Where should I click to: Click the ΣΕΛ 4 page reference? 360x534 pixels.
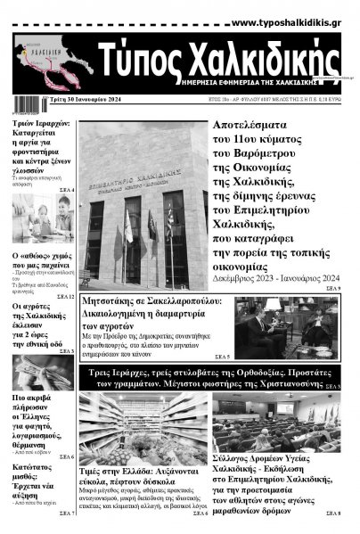click(x=66, y=191)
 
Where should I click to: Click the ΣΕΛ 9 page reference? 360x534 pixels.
click(x=332, y=289)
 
